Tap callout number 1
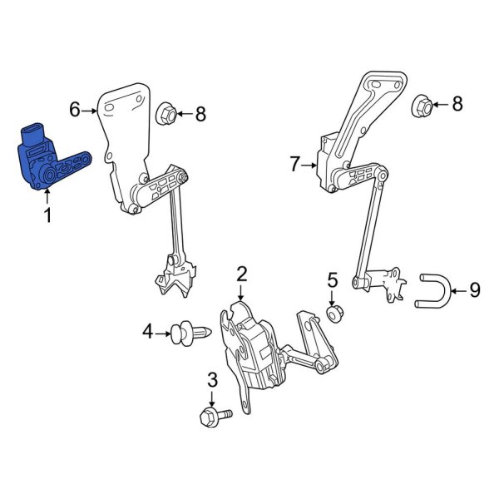pyautogui.click(x=47, y=216)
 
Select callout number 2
pyautogui.click(x=241, y=273)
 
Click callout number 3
pyautogui.click(x=211, y=380)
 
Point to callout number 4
pyautogui.click(x=148, y=333)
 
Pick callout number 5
pyautogui.click(x=332, y=279)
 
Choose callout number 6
pyautogui.click(x=75, y=109)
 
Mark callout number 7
pyautogui.click(x=294, y=166)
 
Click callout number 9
pyautogui.click(x=475, y=289)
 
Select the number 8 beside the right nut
pyautogui.click(x=456, y=104)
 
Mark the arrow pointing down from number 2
pyautogui.click(x=241, y=292)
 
